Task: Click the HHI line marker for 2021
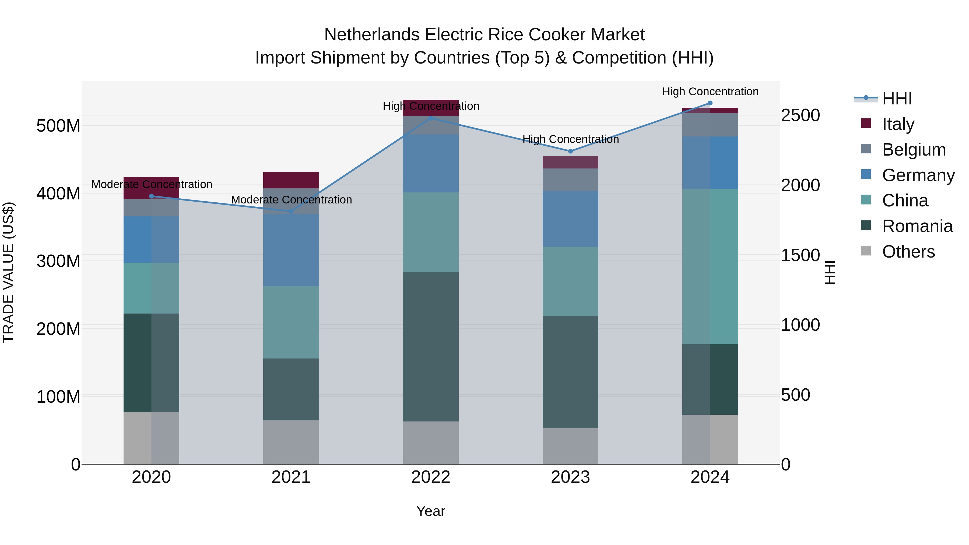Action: pyautogui.click(x=291, y=212)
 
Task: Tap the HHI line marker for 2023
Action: pyautogui.click(x=570, y=151)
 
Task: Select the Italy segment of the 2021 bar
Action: pyautogui.click(x=291, y=180)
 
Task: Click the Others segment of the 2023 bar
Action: pyautogui.click(x=570, y=446)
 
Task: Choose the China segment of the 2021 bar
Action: pyautogui.click(x=291, y=322)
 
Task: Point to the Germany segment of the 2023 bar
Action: pyautogui.click(x=570, y=219)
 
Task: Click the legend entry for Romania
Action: pyautogui.click(x=917, y=226)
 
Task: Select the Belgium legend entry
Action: pyautogui.click(x=913, y=150)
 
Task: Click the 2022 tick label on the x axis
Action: pyautogui.click(x=431, y=477)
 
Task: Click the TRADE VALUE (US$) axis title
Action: pyautogui.click(x=8, y=272)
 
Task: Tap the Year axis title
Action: pyautogui.click(x=431, y=511)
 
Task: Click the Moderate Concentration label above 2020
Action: pyautogui.click(x=152, y=184)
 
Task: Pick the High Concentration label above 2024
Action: pyautogui.click(x=710, y=92)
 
